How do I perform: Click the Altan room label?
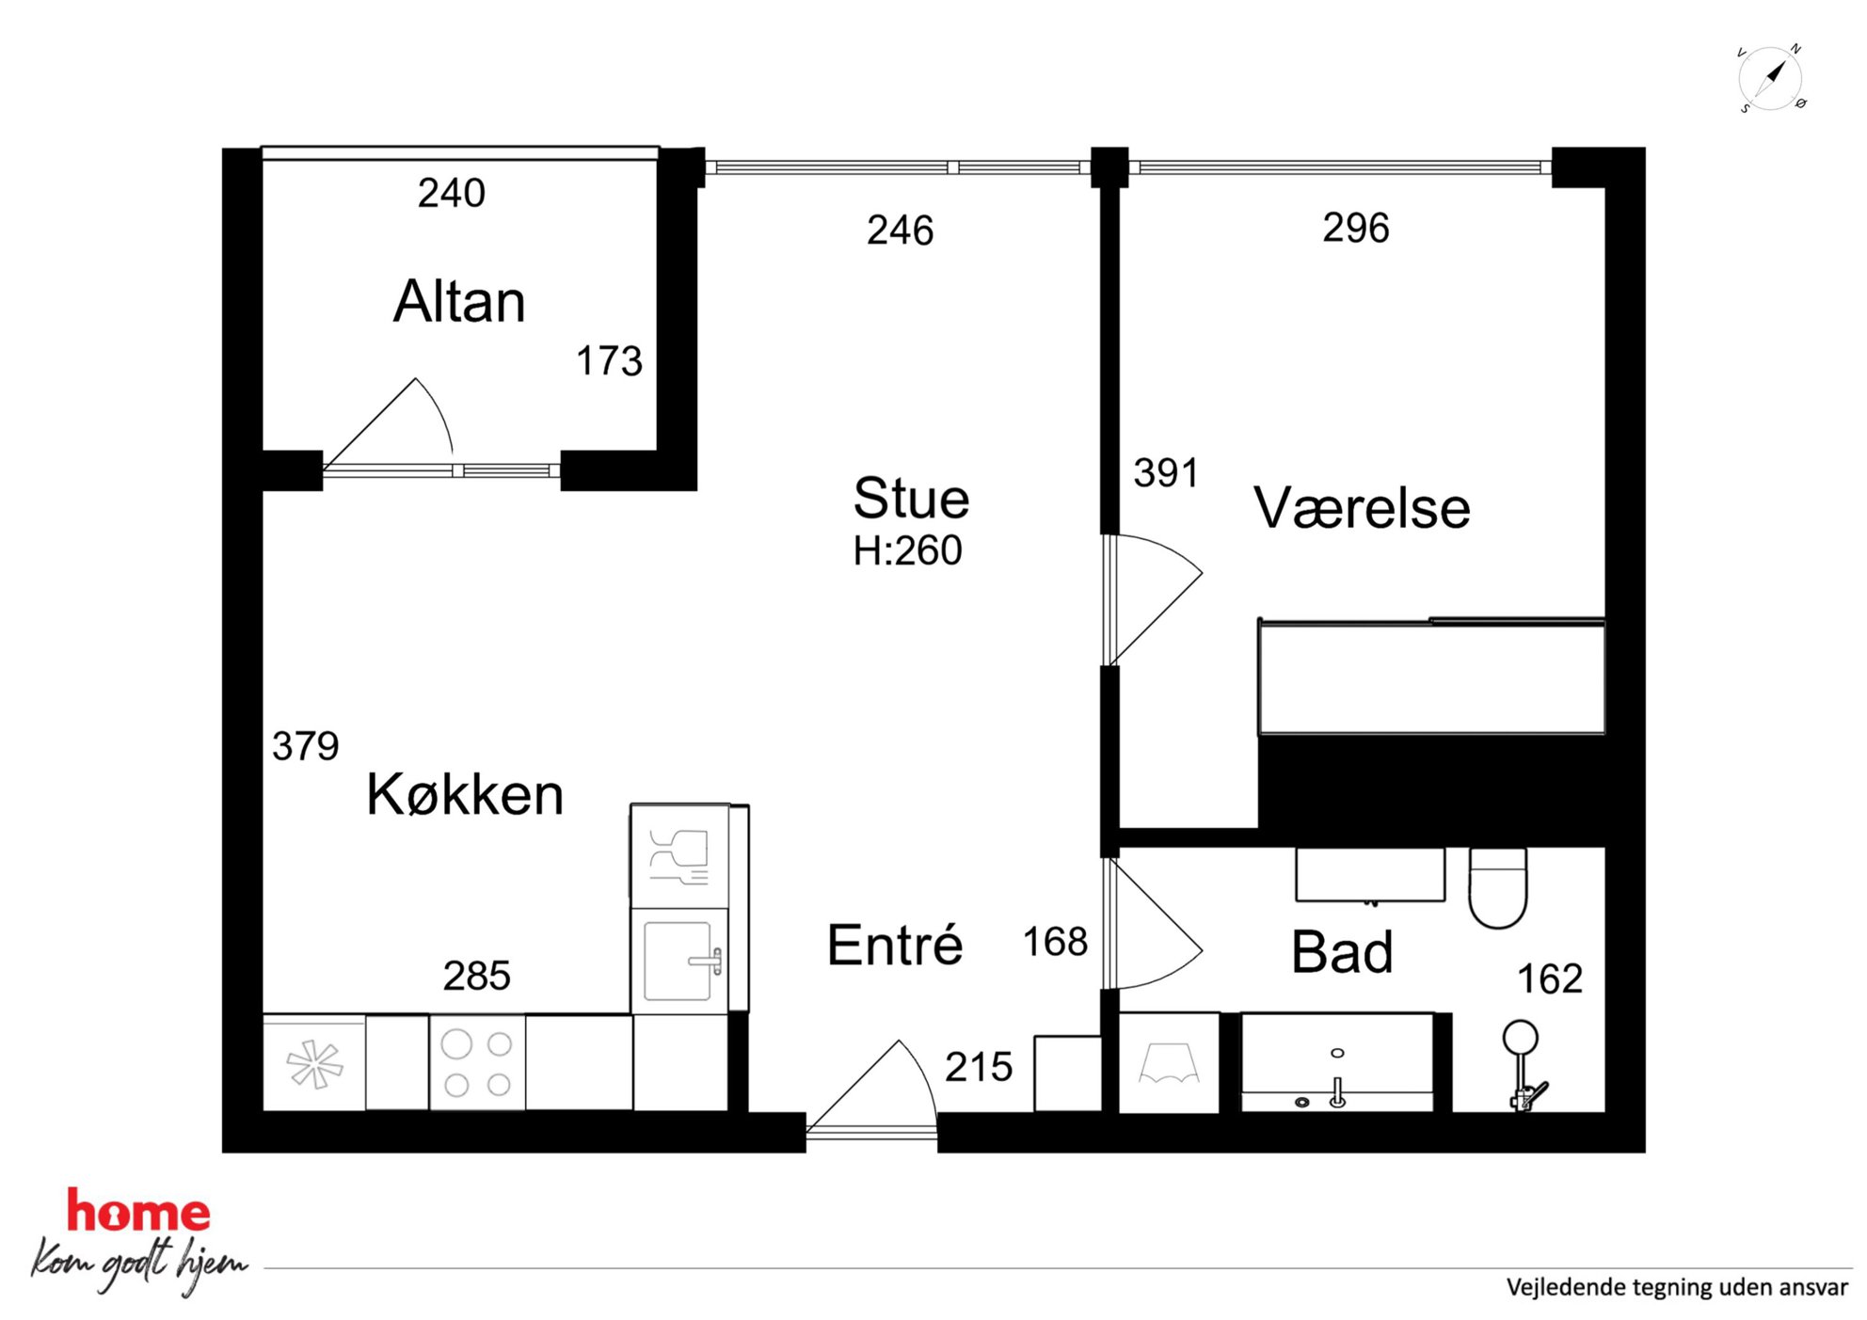(459, 301)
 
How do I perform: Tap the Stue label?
(911, 498)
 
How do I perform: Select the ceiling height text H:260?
(907, 550)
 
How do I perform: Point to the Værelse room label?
(1362, 508)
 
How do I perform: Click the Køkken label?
(465, 794)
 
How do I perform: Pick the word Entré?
(895, 945)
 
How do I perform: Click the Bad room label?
(1342, 951)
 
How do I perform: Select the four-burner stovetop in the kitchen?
(477, 1062)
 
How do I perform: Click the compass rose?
(1771, 78)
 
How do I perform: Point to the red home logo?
(138, 1212)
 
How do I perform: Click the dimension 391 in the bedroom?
(1166, 473)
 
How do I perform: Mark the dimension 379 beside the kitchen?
(305, 746)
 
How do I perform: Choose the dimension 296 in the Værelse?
(1356, 228)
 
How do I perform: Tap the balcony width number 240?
(452, 193)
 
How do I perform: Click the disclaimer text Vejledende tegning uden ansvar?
(1677, 1287)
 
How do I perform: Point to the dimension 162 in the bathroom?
(1550, 979)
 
